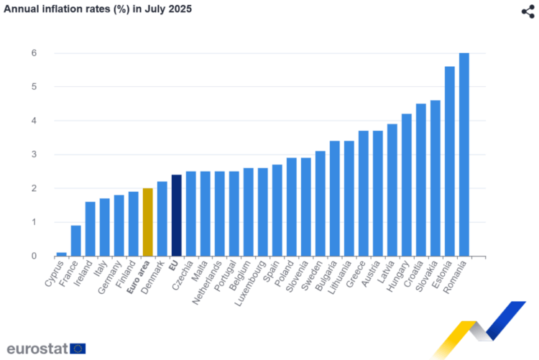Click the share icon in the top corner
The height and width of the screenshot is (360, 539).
click(x=528, y=11)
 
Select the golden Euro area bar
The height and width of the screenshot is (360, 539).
click(x=148, y=222)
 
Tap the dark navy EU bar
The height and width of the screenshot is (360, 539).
click(x=177, y=216)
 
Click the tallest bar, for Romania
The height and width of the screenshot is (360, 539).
click(x=464, y=154)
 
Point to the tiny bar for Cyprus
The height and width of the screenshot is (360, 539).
click(x=62, y=254)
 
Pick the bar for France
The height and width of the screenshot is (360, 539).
click(x=76, y=241)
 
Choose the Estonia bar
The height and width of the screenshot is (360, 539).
click(x=450, y=161)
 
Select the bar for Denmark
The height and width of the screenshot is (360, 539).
click(x=162, y=218)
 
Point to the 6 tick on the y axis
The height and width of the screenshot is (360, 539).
click(x=33, y=53)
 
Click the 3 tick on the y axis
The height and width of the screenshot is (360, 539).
click(x=33, y=154)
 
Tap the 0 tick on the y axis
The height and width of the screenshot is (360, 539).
click(x=33, y=256)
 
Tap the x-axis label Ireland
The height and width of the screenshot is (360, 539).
click(x=84, y=274)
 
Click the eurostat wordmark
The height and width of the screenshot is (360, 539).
click(x=37, y=349)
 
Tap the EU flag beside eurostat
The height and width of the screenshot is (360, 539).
click(x=78, y=349)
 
